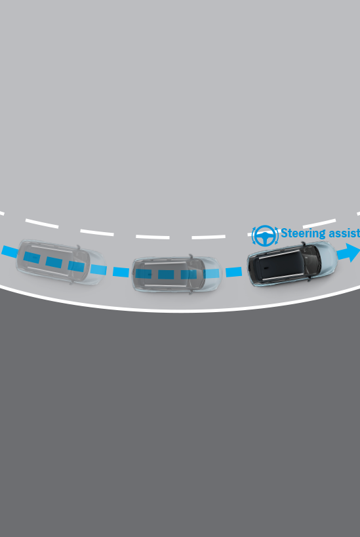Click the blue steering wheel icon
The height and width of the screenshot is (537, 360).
[x=265, y=235]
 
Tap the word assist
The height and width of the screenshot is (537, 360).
[x=343, y=233]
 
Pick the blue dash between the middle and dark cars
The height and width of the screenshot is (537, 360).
[x=233, y=272]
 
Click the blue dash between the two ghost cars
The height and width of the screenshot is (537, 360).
[x=121, y=272]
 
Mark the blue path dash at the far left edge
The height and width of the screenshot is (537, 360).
[x=9, y=251]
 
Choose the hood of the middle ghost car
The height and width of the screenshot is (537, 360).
[x=213, y=273]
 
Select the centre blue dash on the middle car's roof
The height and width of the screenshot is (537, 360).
[x=165, y=274]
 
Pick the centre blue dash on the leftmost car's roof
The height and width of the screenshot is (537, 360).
[x=54, y=262]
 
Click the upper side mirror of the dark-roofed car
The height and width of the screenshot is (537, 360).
[x=303, y=244]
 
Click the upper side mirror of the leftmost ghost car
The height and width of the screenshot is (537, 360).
[x=79, y=247]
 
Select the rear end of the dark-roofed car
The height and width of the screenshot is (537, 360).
[x=250, y=271]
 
